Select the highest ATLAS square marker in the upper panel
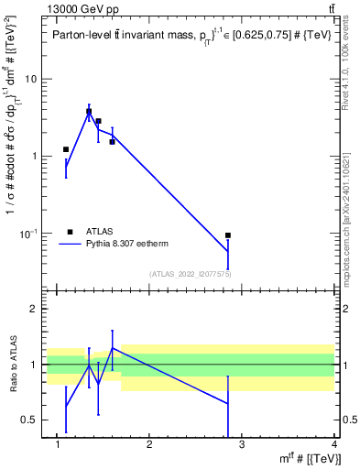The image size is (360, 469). pyautogui.click(x=89, y=112)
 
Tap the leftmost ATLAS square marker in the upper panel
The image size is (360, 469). pyautogui.click(x=66, y=149)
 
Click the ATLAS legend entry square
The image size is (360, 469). pyautogui.click(x=70, y=232)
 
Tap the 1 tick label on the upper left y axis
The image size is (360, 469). pyautogui.click(x=33, y=157)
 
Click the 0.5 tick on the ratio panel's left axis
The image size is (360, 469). pyautogui.click(x=28, y=420)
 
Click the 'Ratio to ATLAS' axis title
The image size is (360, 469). pyautogui.click(x=12, y=365)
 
